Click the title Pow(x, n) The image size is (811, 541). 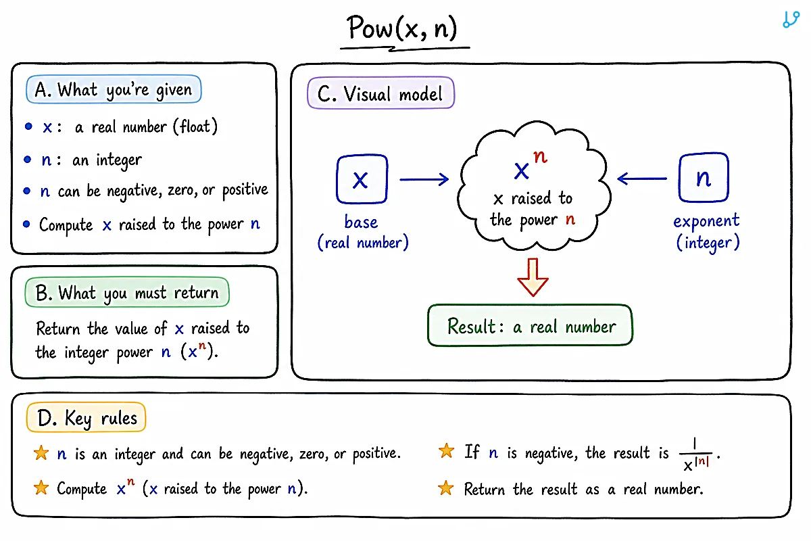coord(402,28)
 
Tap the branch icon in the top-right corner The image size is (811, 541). coord(791,19)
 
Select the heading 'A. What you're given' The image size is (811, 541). coord(114,89)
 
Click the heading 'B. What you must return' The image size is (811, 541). coord(127,292)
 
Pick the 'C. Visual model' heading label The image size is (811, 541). coord(380,93)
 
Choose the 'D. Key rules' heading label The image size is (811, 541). coord(87,417)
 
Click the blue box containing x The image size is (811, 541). coord(362,179)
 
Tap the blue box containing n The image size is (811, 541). coord(704,178)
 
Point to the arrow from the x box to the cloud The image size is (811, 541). coord(424,179)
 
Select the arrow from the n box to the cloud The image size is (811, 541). coord(641,179)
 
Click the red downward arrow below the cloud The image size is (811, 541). coord(533,277)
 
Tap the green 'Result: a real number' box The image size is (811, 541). coord(530,325)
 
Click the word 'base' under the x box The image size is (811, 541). coord(361,222)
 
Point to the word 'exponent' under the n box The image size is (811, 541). coord(706,221)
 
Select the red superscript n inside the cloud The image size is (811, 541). coord(540,156)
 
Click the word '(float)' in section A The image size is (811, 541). coord(195,126)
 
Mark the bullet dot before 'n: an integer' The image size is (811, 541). coord(27,160)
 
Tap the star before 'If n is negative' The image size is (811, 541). coord(447,451)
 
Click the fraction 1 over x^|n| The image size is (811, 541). coord(695,454)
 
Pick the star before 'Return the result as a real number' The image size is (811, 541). coord(445,488)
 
